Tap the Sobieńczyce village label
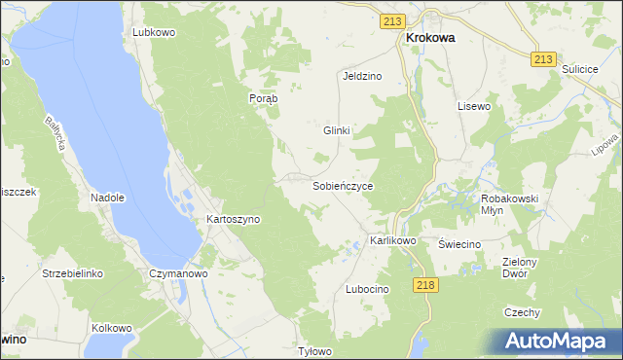tap(343, 185)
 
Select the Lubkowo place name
tap(154, 32)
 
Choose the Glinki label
tap(336, 130)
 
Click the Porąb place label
tap(264, 98)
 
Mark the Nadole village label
tap(108, 198)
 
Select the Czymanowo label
tap(179, 274)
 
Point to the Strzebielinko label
tap(72, 274)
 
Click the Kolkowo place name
tap(111, 328)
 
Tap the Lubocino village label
tap(367, 290)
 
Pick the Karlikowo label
tap(393, 240)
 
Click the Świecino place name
tap(459, 244)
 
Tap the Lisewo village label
tap(474, 105)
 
